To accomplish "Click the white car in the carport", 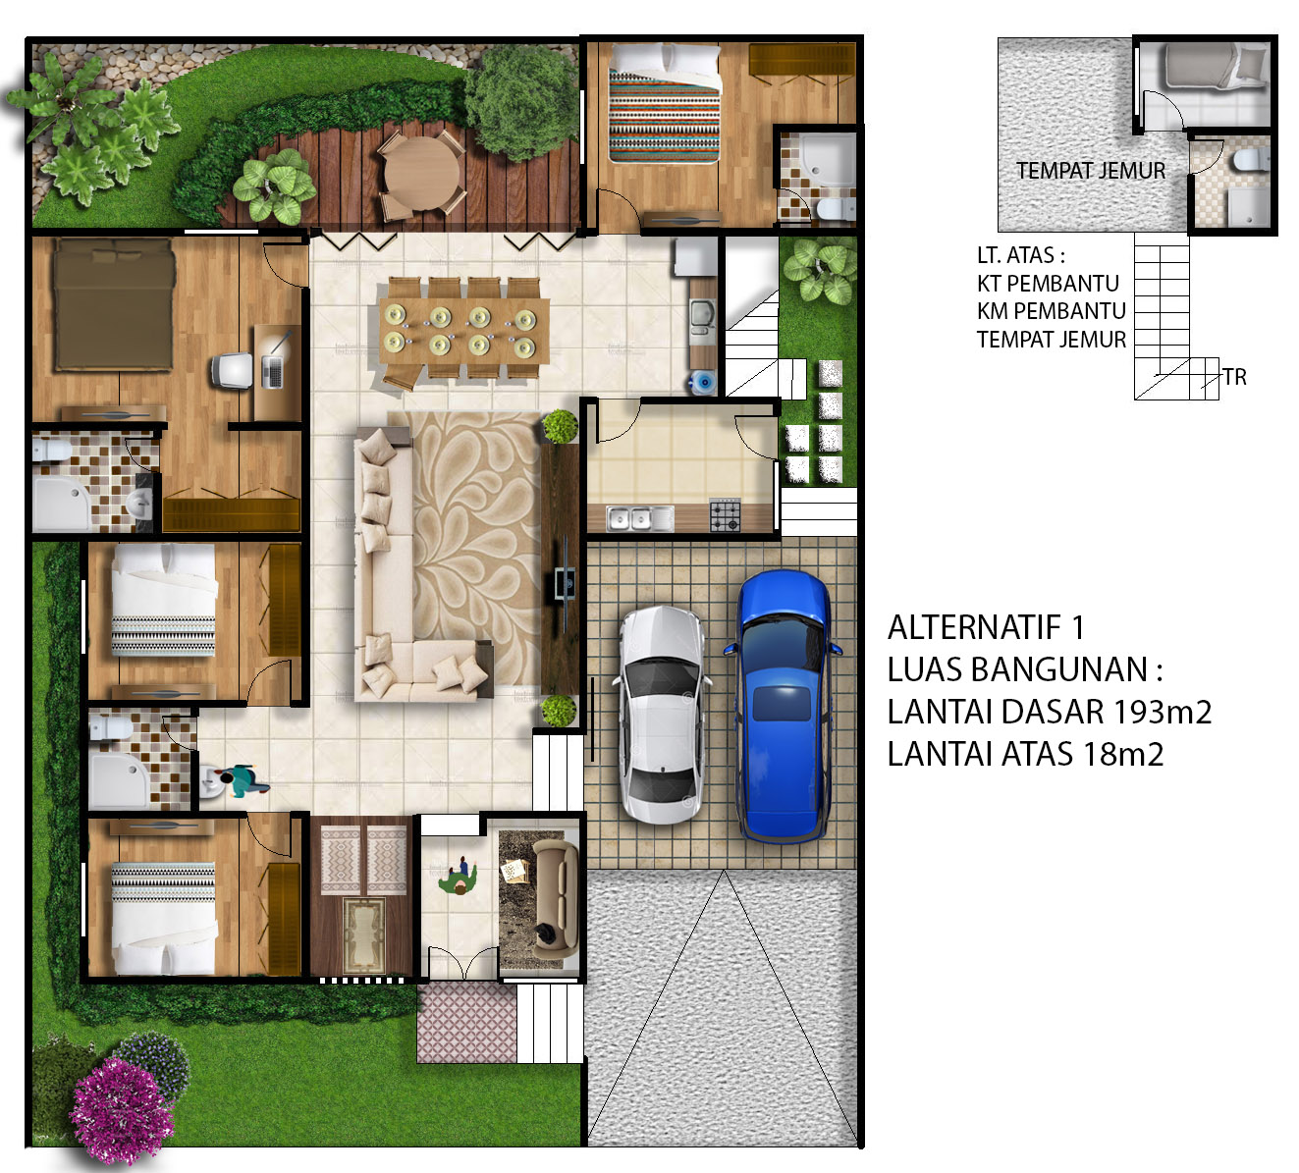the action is click(x=662, y=715).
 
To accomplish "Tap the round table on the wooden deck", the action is click(x=421, y=173).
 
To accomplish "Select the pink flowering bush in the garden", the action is click(x=121, y=1111).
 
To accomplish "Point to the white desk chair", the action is click(x=232, y=371).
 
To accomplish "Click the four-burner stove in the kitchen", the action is click(x=725, y=514).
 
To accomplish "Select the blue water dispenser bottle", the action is click(x=703, y=383).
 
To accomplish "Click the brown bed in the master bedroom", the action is click(x=114, y=304).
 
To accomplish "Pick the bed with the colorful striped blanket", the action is click(x=665, y=104).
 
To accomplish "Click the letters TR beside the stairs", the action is click(x=1235, y=377).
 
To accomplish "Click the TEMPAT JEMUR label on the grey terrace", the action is click(x=1091, y=171).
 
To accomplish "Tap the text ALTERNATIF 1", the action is click(x=986, y=627).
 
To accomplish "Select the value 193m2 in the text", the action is click(x=1162, y=712).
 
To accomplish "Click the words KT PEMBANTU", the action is click(x=1048, y=284).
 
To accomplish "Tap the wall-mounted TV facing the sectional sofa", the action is click(x=565, y=582).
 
